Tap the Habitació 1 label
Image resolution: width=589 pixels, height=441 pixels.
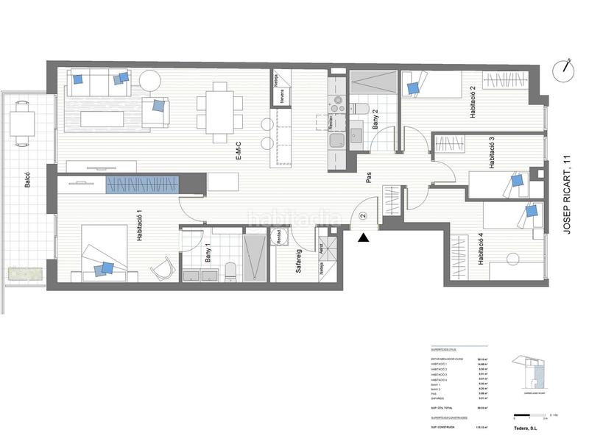click(138, 224)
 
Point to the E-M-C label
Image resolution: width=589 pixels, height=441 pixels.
click(239, 150)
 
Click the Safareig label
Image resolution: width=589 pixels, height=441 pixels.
click(299, 261)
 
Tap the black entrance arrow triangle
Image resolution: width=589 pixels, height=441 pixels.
click(361, 237)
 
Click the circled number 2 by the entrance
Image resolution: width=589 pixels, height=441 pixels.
click(362, 216)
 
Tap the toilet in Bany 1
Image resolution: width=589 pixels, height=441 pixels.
click(230, 271)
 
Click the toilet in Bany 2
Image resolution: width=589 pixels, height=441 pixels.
click(361, 110)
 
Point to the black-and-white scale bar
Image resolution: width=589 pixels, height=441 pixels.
click(531, 416)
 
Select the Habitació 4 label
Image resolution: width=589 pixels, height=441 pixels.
click(480, 249)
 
